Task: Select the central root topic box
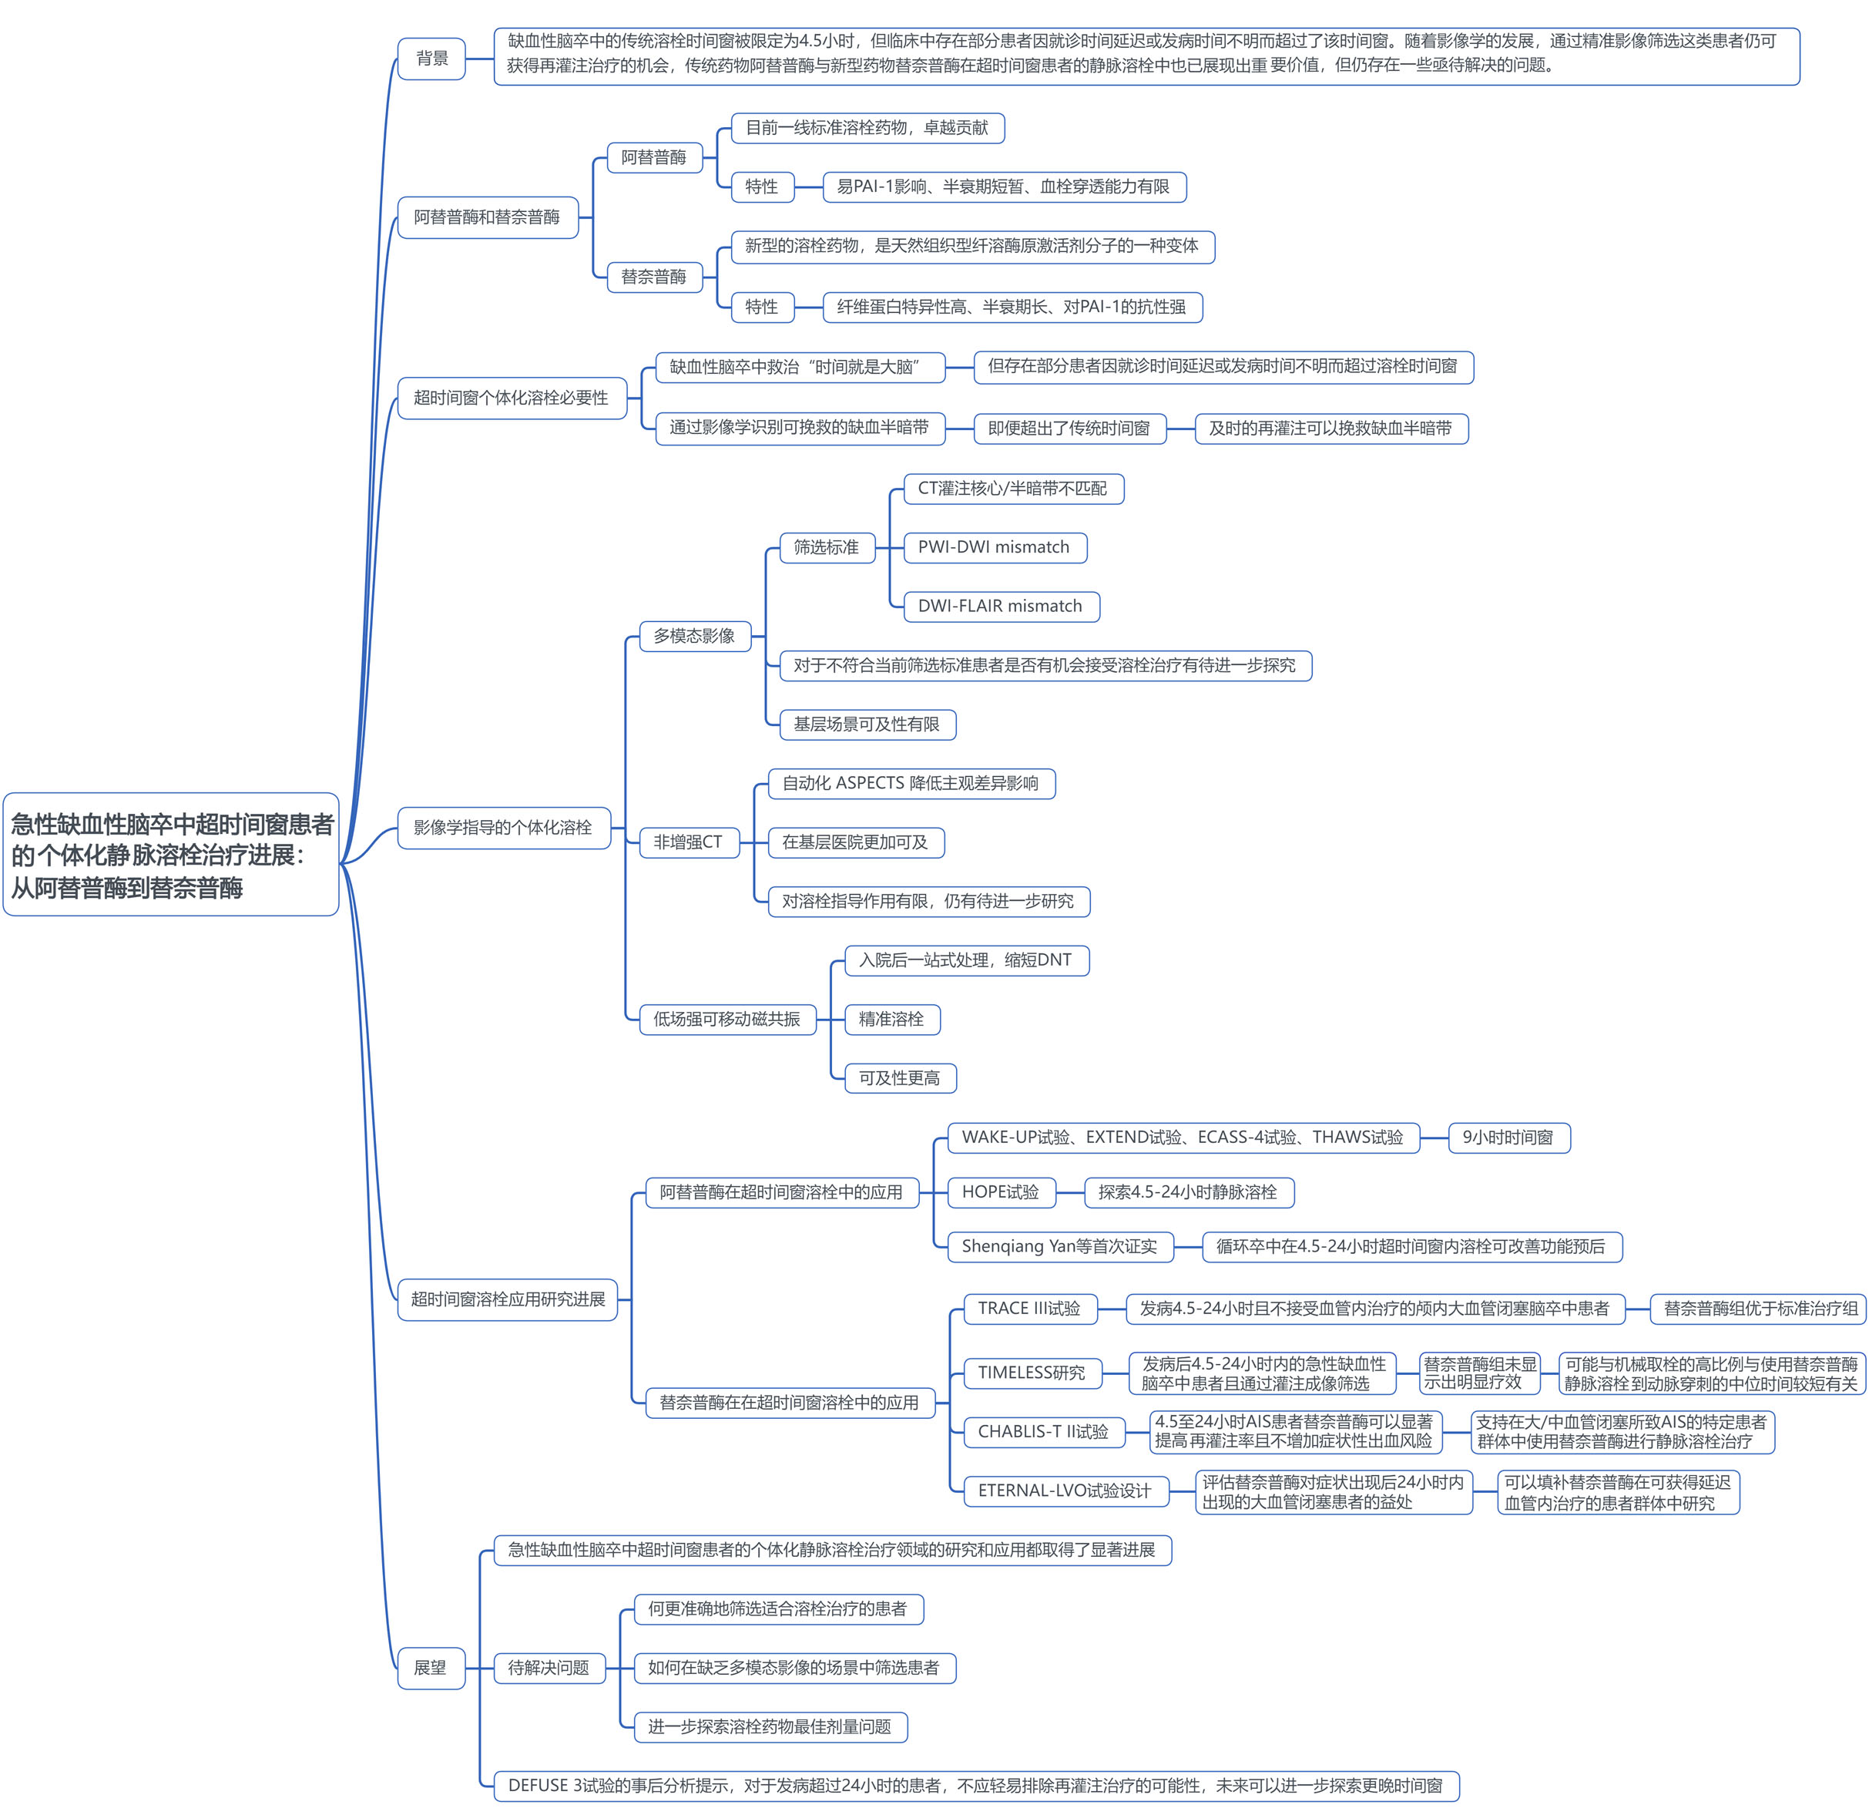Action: [172, 855]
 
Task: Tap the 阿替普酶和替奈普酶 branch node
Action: [486, 217]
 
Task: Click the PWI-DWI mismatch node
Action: [994, 547]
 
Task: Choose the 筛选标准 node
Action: [826, 547]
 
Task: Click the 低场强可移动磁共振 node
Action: [726, 1020]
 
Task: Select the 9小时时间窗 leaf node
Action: [1508, 1138]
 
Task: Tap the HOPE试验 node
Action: [1000, 1192]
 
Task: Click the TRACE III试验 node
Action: [1029, 1309]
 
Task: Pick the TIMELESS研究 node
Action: [1031, 1373]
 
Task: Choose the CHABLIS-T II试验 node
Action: [1043, 1432]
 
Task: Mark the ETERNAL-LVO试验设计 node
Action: [1064, 1491]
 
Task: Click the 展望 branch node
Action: [430, 1668]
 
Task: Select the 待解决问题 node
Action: [549, 1668]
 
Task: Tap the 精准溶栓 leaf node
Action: [891, 1020]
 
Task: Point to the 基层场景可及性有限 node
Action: [866, 725]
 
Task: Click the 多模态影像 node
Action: [693, 636]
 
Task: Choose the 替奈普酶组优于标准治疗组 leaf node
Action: [1760, 1309]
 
